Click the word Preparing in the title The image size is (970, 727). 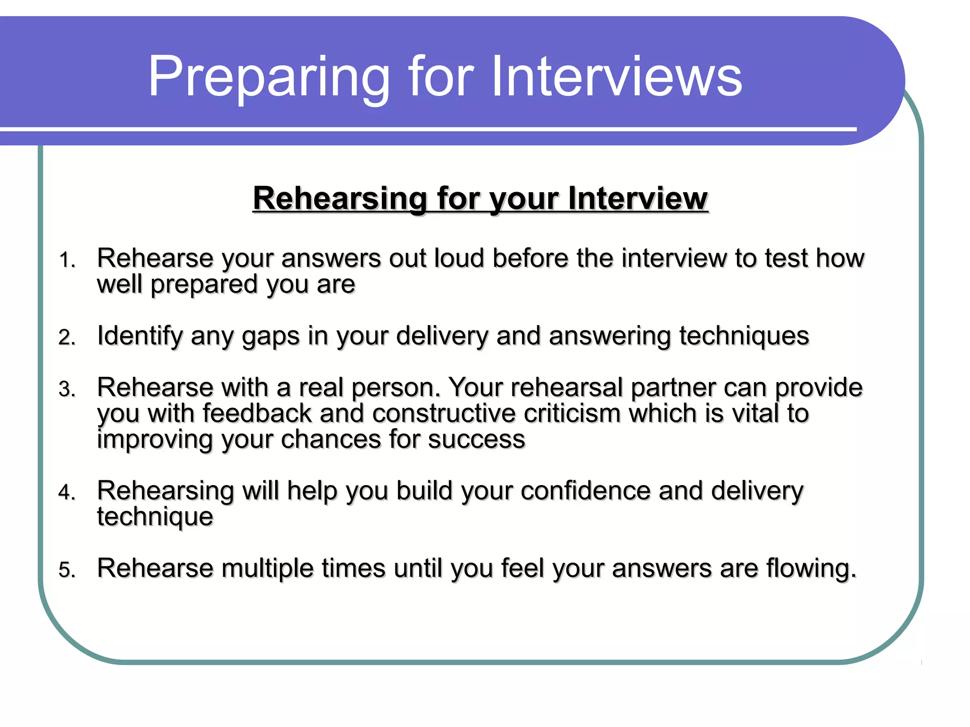(x=269, y=77)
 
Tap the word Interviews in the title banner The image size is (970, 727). (x=617, y=77)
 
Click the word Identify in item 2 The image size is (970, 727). (x=140, y=336)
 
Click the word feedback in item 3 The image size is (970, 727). (x=257, y=413)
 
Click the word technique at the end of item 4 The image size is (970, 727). (x=155, y=517)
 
